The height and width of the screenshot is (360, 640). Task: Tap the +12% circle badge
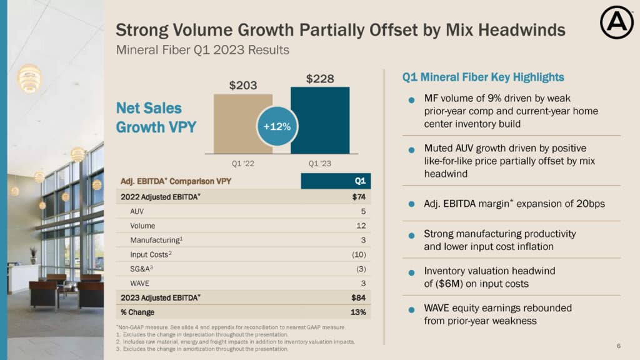(277, 127)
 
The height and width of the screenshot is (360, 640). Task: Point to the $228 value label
(320, 79)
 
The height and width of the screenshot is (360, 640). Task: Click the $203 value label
(242, 86)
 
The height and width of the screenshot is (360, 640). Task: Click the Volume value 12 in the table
(361, 226)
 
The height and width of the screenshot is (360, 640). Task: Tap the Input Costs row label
(147, 254)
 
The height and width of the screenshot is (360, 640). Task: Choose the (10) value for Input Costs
(359, 254)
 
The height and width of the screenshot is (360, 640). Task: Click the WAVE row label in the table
(140, 283)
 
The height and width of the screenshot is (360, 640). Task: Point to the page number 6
(618, 346)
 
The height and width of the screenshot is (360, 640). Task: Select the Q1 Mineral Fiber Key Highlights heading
(483, 77)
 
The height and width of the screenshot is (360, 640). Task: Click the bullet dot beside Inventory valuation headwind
(411, 273)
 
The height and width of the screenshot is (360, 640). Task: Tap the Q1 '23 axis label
(320, 164)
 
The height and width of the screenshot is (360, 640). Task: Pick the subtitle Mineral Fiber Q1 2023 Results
(202, 50)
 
